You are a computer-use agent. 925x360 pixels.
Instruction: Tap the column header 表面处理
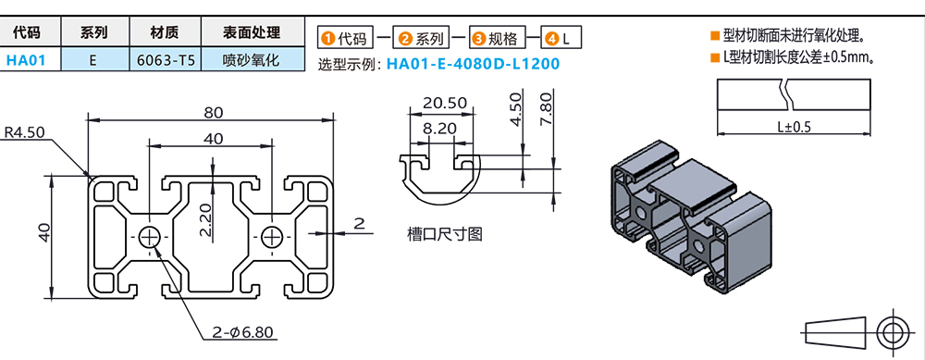pos(252,32)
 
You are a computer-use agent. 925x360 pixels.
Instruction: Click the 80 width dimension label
pos(213,112)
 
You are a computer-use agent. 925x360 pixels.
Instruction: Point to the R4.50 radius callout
pos(24,132)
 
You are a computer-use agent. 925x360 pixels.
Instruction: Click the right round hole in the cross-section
pos(273,235)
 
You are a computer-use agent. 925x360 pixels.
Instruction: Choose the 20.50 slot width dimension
pos(444,102)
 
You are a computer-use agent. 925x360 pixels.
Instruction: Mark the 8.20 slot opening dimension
pos(440,129)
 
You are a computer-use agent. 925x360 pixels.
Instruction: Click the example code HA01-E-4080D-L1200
pos(473,65)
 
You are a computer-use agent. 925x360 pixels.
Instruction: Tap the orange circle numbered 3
pos(478,39)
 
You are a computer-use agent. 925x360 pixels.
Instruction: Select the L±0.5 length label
pos(794,127)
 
